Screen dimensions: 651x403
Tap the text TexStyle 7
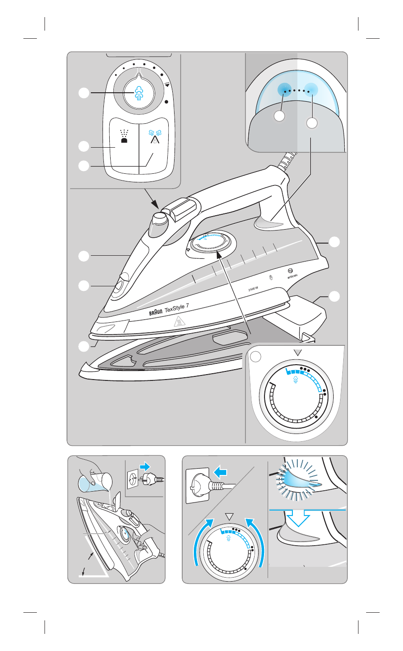177,309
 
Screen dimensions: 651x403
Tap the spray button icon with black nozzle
124,136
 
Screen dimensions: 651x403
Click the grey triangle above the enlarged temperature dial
296,352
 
